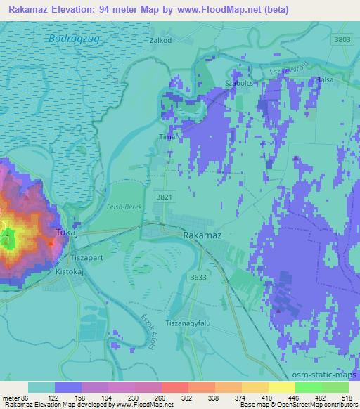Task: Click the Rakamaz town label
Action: [202, 236]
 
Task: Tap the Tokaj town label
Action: [67, 232]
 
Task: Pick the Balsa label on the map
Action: [325, 80]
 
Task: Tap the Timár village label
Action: [166, 136]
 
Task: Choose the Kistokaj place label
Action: [69, 268]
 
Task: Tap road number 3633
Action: [198, 278]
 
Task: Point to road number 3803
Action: [342, 39]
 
